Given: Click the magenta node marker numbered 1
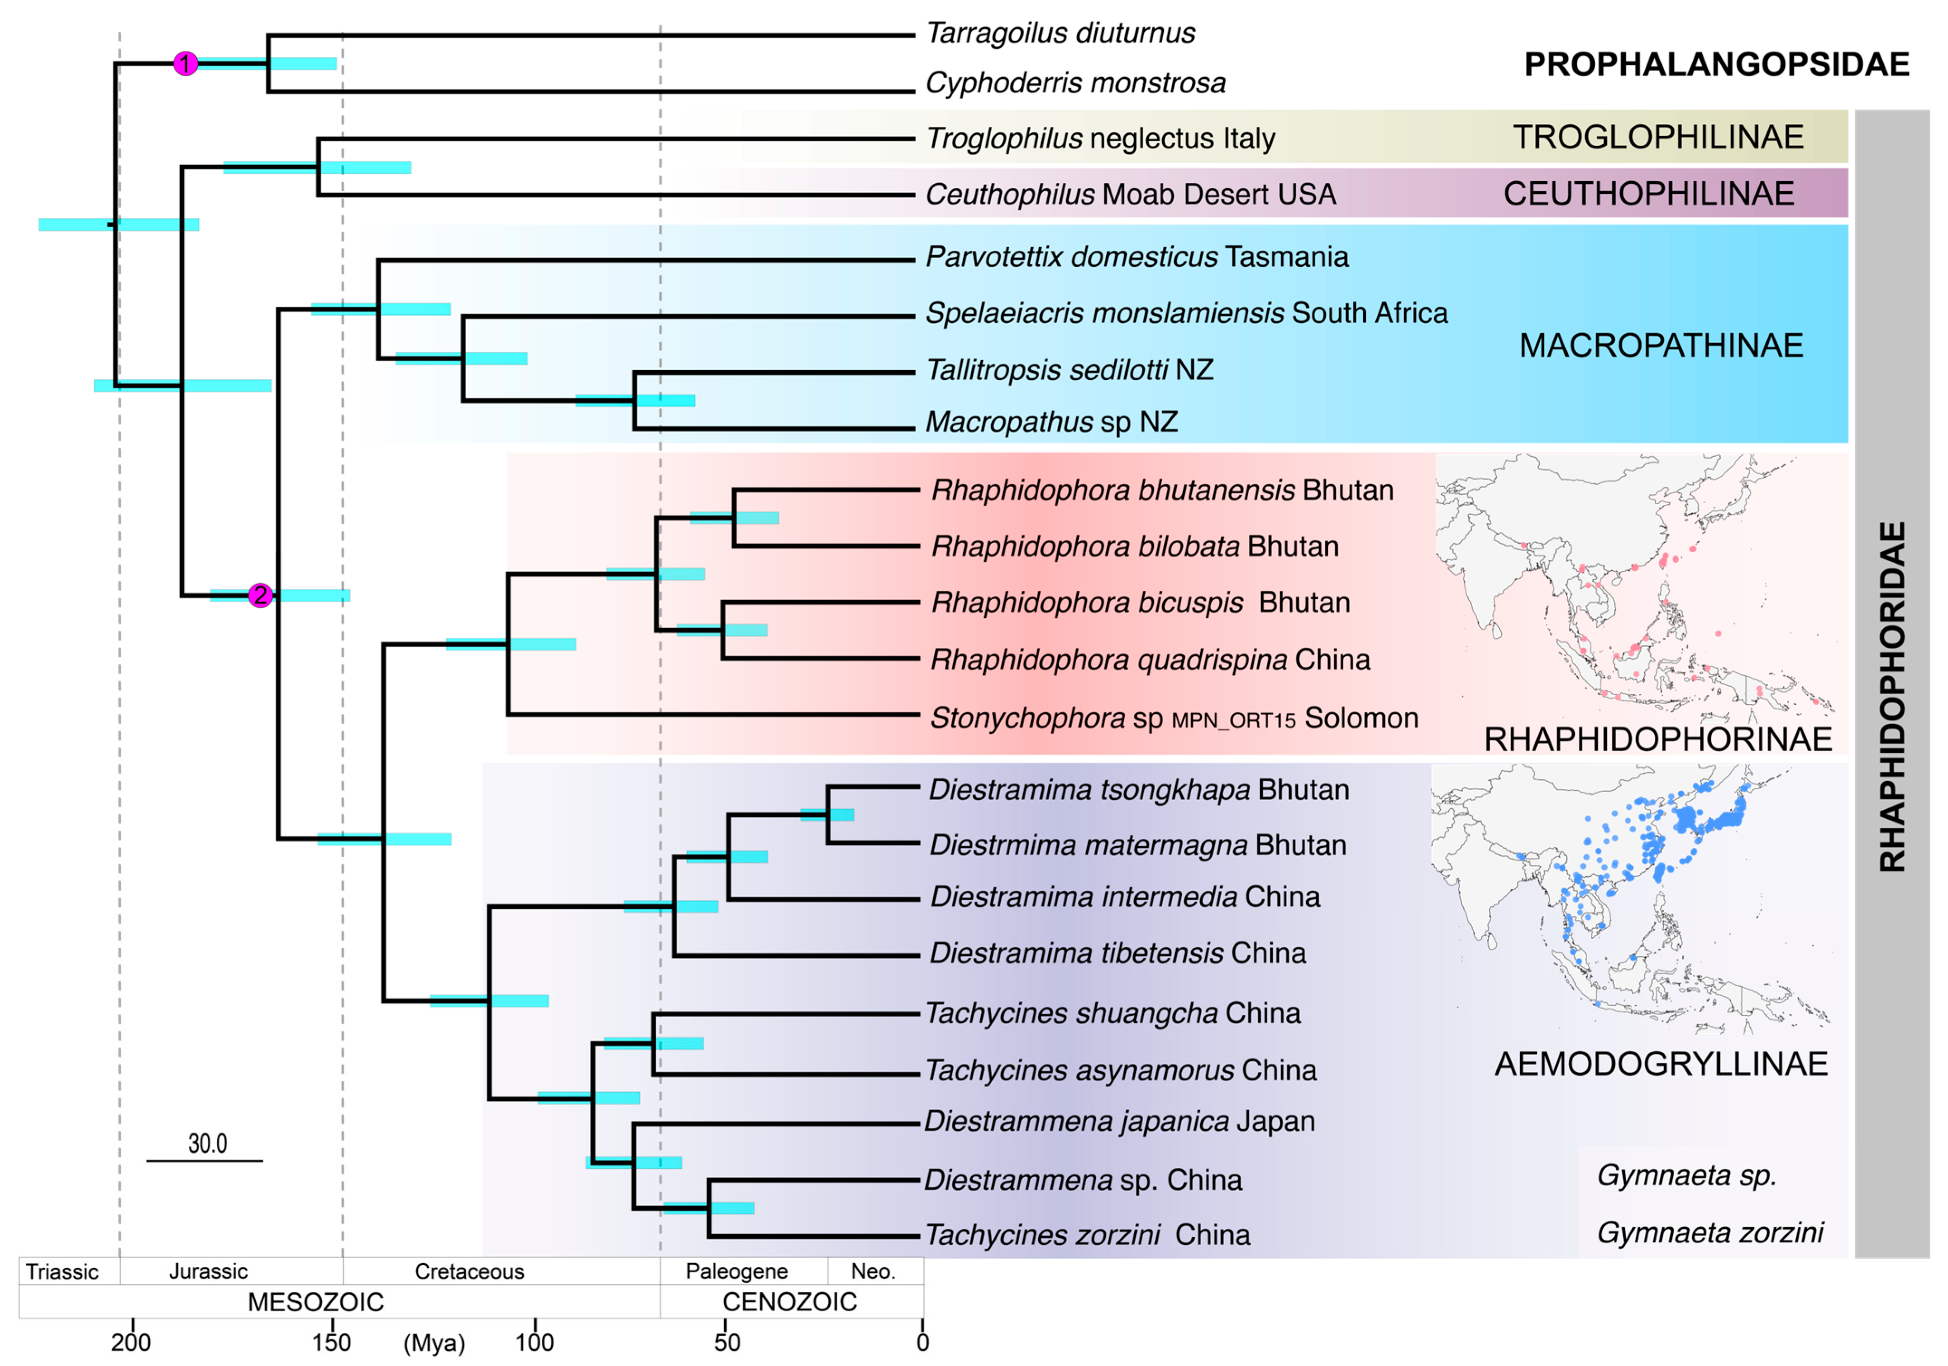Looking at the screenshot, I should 186,64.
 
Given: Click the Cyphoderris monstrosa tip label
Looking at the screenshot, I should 1075,83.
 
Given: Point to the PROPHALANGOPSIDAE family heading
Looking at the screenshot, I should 1716,64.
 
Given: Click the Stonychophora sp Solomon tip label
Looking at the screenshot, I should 1174,719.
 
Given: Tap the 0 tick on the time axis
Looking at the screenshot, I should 922,1342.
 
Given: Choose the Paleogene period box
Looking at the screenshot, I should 736,1271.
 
